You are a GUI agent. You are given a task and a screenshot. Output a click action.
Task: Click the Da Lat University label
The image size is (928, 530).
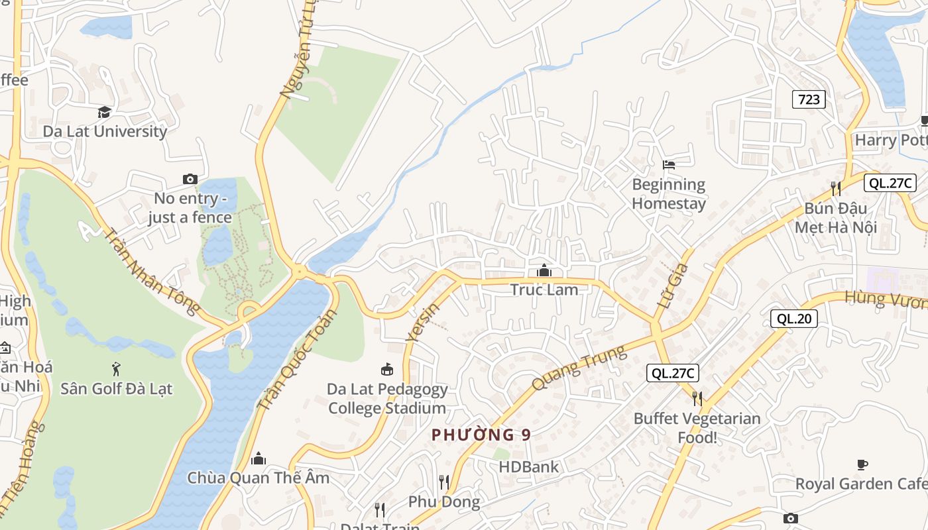tap(105, 131)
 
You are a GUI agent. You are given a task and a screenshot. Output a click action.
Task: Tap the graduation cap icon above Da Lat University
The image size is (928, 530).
tap(105, 112)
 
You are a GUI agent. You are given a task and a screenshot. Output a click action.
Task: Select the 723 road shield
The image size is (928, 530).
tap(809, 99)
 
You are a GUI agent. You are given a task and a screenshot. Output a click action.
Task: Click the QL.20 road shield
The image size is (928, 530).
tap(794, 319)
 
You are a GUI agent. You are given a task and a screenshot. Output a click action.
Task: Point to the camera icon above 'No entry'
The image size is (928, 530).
tap(190, 179)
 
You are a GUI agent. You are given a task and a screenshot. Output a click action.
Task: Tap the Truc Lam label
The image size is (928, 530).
tap(544, 290)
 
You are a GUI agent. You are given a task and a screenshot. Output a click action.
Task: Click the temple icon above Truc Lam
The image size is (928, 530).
tap(544, 270)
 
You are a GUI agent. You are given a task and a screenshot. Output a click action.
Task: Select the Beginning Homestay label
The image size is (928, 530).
tap(669, 193)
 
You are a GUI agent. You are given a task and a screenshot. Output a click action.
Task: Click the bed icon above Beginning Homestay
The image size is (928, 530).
tap(669, 164)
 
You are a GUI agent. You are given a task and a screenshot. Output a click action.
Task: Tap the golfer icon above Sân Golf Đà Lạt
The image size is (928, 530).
tap(117, 368)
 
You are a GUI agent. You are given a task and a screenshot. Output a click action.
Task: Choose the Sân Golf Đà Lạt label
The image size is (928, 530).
tap(117, 388)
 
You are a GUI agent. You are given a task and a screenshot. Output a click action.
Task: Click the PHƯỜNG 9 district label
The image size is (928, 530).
tap(481, 435)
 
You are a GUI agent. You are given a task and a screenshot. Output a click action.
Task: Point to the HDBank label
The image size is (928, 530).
tap(529, 466)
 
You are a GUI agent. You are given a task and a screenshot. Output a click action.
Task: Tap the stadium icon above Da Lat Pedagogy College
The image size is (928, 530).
tap(387, 369)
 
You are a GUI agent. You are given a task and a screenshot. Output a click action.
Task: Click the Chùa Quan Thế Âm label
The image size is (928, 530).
tap(258, 478)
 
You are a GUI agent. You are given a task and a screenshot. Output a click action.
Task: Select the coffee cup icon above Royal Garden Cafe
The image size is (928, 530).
tap(862, 464)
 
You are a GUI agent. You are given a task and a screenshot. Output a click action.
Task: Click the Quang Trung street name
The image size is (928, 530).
tap(579, 368)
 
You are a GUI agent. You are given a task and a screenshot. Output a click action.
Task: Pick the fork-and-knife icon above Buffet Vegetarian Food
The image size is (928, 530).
tap(697, 398)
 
